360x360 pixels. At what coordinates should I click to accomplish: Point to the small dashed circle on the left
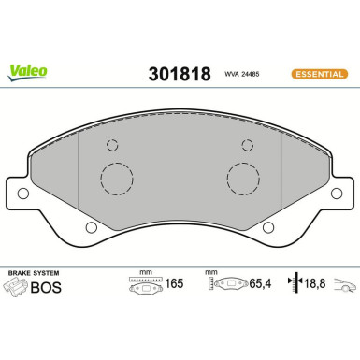click(112, 144)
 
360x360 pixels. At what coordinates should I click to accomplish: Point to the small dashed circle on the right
click(248, 144)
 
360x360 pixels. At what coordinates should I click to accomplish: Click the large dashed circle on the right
click(245, 179)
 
